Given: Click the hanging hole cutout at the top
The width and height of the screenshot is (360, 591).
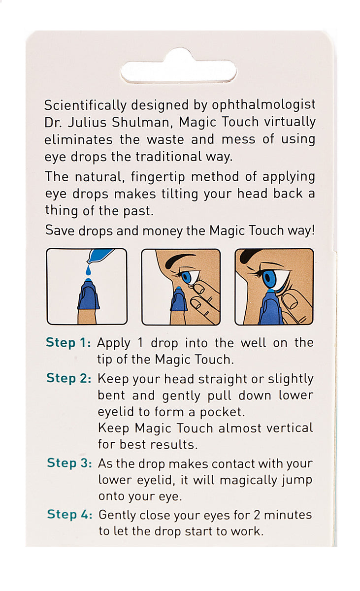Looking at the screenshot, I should click(x=178, y=72).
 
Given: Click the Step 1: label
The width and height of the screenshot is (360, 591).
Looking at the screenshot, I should click(x=68, y=343).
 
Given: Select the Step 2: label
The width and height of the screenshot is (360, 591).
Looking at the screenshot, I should click(x=69, y=378).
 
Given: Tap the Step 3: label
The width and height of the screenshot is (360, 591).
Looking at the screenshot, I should click(x=69, y=463).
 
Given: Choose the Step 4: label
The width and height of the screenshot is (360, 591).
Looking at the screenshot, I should click(x=69, y=515).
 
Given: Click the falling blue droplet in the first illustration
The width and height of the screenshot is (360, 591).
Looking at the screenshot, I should click(x=89, y=270).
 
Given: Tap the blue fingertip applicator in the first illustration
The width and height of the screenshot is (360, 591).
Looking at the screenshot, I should click(x=89, y=295).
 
